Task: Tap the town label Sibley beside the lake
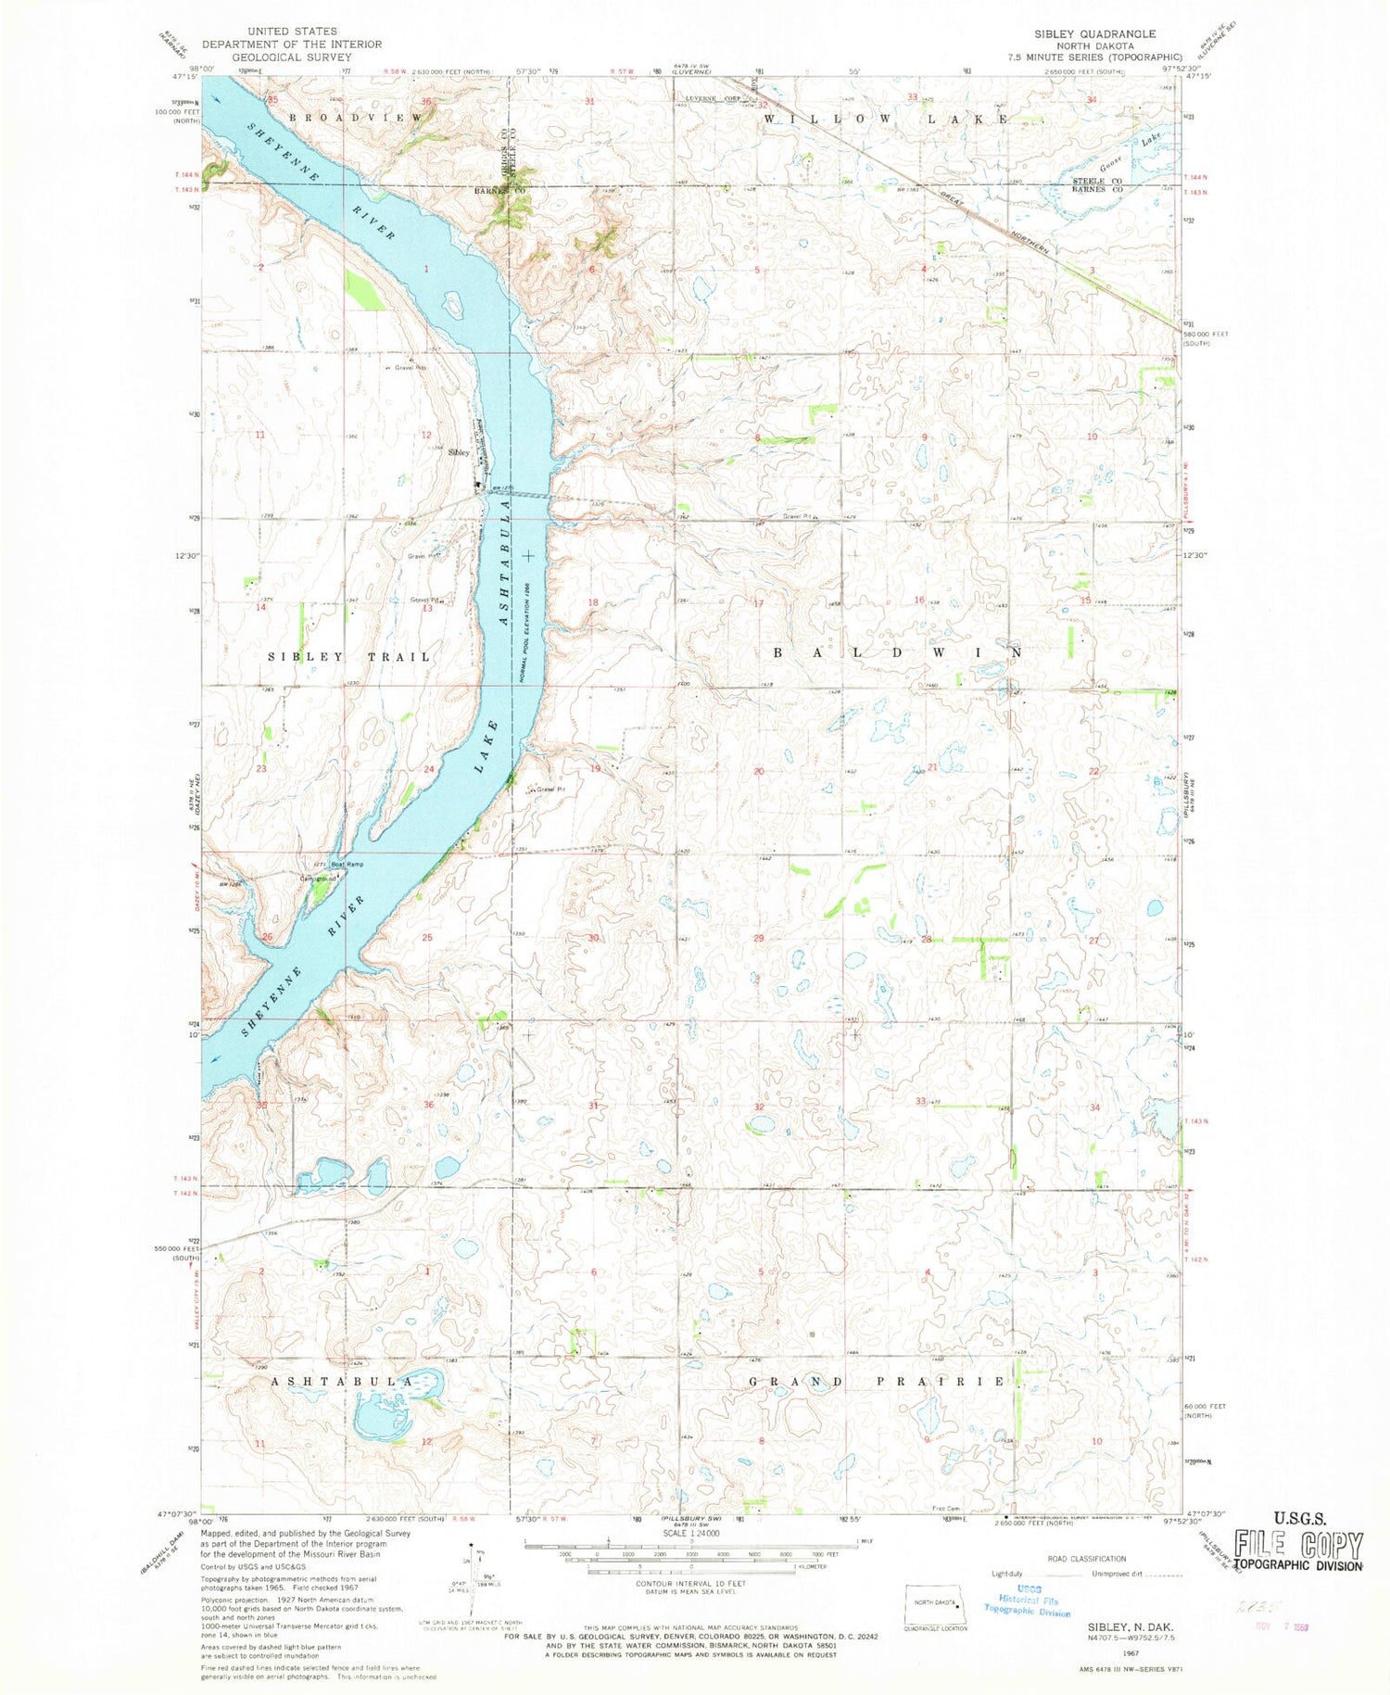(x=458, y=453)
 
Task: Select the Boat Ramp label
(x=348, y=865)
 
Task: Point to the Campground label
(x=316, y=878)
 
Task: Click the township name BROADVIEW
(x=356, y=119)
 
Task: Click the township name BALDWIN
(x=898, y=652)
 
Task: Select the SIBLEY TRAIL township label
(x=349, y=657)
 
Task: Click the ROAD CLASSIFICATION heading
(x=1086, y=1559)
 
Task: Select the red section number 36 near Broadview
(x=427, y=101)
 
